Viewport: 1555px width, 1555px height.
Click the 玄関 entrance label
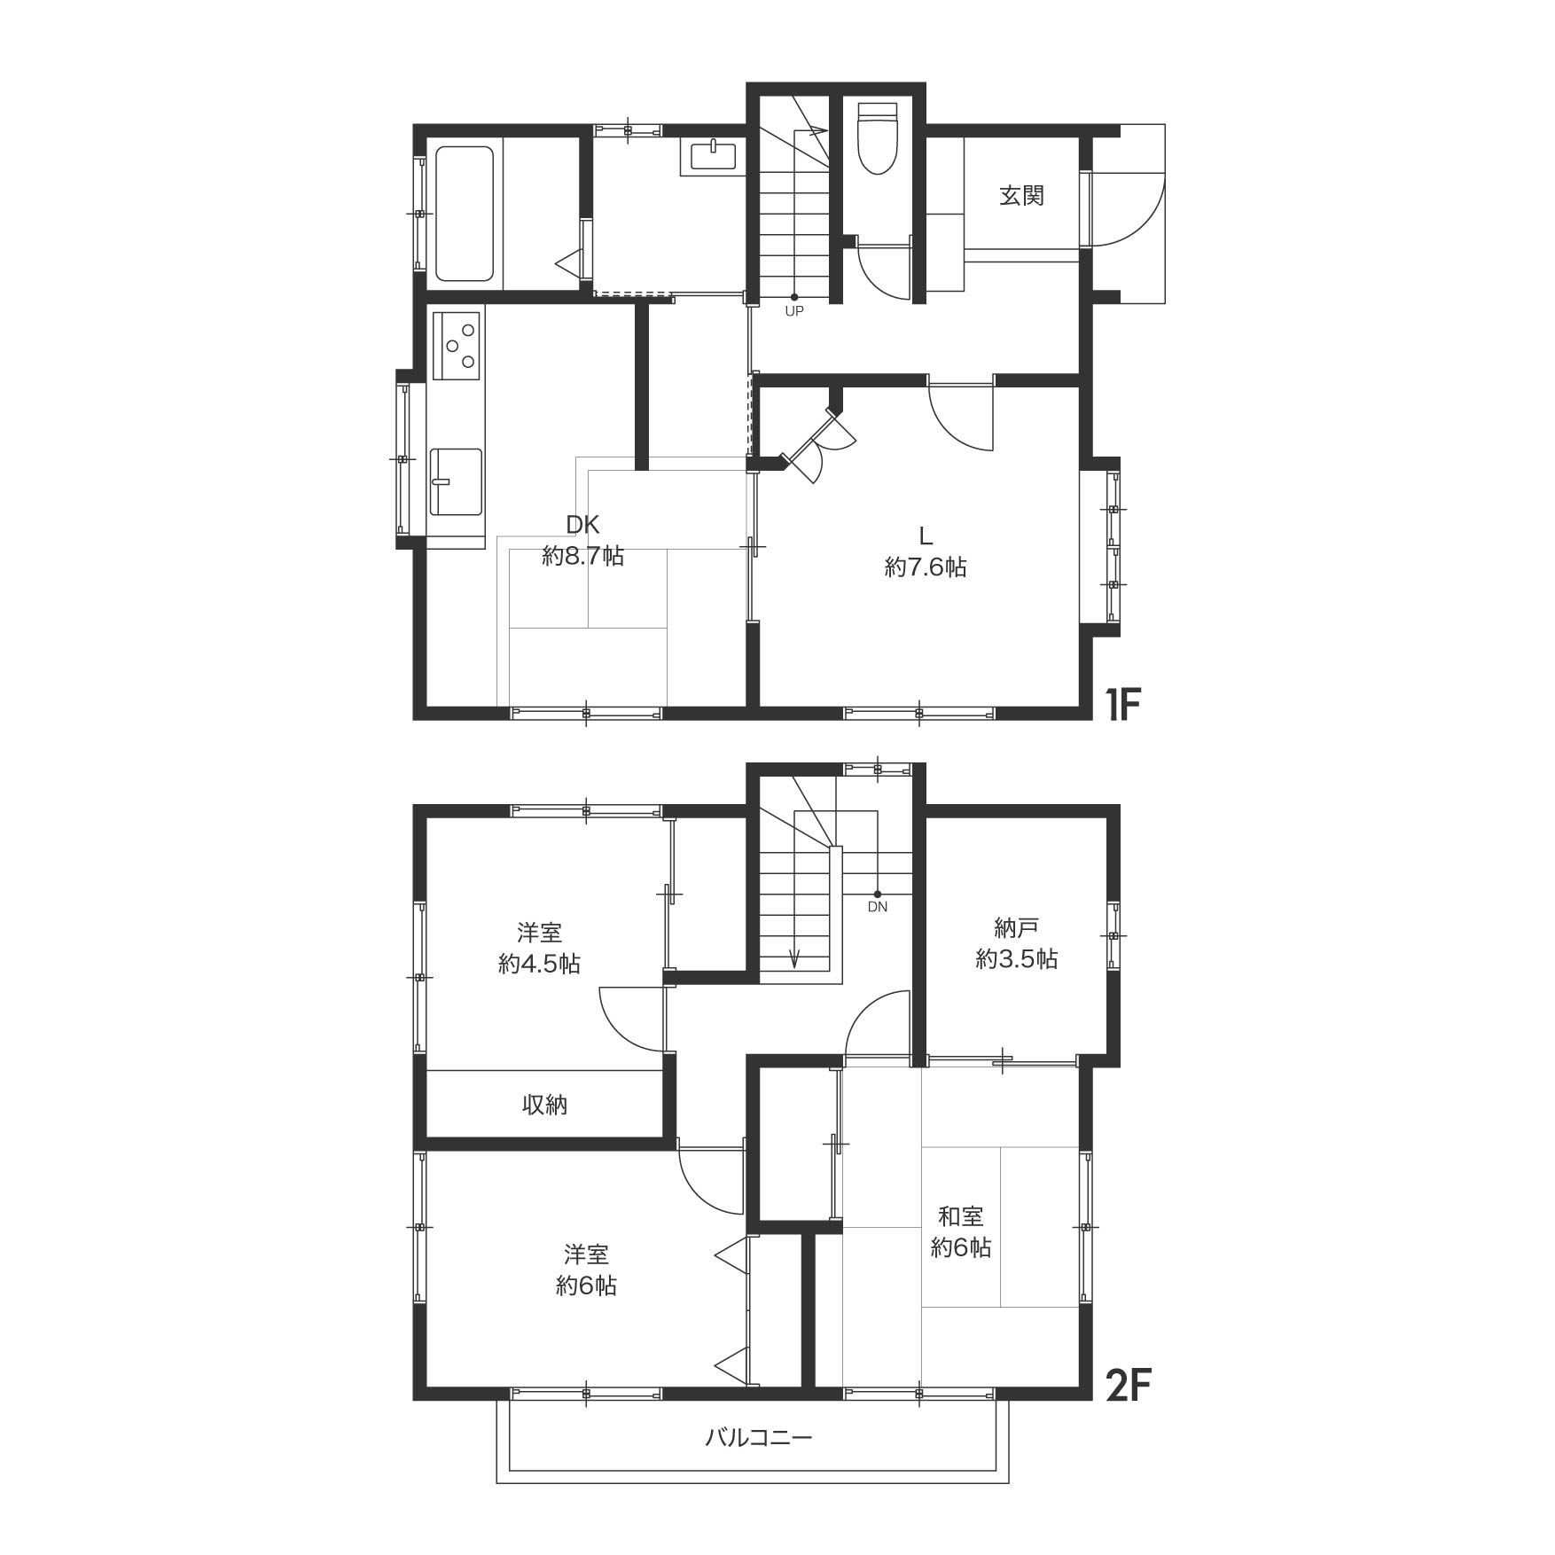coord(1021,195)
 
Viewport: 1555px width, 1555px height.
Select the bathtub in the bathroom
coord(465,214)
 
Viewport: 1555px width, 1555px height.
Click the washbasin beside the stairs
coord(713,157)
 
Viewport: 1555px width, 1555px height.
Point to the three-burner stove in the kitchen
coord(457,346)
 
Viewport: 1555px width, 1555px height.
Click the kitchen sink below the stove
coord(456,481)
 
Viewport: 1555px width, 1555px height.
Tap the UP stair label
coord(793,312)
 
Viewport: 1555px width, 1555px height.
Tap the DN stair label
coord(877,907)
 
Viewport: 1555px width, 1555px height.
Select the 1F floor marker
coord(1121,705)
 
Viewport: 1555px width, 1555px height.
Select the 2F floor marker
coord(1128,1386)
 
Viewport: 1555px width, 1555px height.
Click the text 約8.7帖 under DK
coord(582,556)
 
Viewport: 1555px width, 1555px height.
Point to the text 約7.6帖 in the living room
coord(926,567)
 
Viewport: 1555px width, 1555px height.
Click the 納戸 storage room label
coord(1016,928)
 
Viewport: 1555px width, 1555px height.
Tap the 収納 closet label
coord(544,1105)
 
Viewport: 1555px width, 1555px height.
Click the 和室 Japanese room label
coord(961,1216)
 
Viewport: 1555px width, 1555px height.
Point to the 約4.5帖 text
coord(539,964)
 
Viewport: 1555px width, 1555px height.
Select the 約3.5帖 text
coord(1017,958)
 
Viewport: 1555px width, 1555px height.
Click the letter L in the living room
coord(926,535)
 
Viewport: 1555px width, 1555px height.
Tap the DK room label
coord(582,525)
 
